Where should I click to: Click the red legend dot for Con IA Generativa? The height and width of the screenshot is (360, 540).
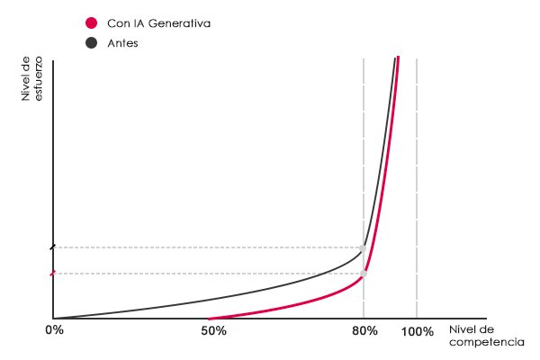click(91, 23)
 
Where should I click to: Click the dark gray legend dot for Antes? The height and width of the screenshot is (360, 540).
click(91, 42)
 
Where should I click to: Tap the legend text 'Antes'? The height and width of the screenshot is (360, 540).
click(122, 42)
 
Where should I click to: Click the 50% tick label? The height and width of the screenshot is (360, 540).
click(212, 331)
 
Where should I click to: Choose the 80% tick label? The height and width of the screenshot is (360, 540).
click(364, 331)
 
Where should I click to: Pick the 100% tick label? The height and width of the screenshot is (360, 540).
click(418, 331)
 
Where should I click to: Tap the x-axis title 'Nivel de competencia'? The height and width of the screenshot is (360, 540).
click(486, 336)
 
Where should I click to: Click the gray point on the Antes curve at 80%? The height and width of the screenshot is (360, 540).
click(364, 247)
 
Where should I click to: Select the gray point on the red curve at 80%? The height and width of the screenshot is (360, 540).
click(364, 274)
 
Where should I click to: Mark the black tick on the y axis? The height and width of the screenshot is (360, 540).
click(53, 247)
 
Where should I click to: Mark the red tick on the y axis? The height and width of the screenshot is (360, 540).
click(53, 274)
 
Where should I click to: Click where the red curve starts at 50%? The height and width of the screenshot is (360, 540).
click(210, 318)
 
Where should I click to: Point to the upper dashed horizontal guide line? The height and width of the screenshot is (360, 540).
click(207, 247)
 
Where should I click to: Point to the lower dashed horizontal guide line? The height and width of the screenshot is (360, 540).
click(207, 274)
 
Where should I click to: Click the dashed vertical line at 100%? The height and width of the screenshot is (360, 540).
click(417, 180)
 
